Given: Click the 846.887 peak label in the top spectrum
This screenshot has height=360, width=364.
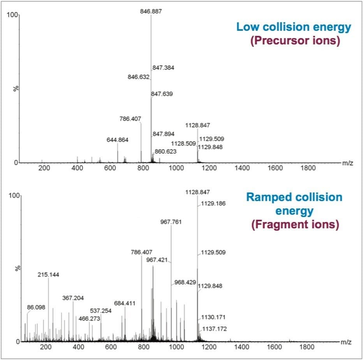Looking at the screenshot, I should pos(151,11).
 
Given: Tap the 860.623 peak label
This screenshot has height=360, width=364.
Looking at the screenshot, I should pos(165,151).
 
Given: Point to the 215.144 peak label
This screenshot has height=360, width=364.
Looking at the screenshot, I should pos(48,275).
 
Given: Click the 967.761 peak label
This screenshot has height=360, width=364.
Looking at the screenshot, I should pos(171,222).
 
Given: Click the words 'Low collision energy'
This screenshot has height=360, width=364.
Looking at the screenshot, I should pos(294,27).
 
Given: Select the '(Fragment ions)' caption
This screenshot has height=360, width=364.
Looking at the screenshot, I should pos(294,225).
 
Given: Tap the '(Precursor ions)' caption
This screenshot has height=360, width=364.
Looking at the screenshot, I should pos(294,41).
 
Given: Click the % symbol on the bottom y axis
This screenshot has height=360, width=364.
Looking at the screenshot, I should pos(16,268).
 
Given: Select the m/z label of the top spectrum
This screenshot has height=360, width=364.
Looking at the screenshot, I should pos(348,163).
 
